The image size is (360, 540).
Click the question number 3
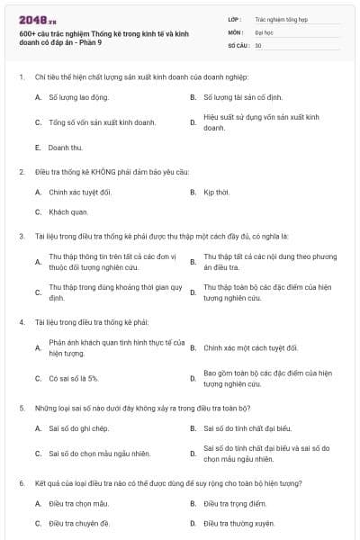click(21, 237)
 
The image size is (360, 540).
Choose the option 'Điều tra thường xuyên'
click(238, 523)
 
